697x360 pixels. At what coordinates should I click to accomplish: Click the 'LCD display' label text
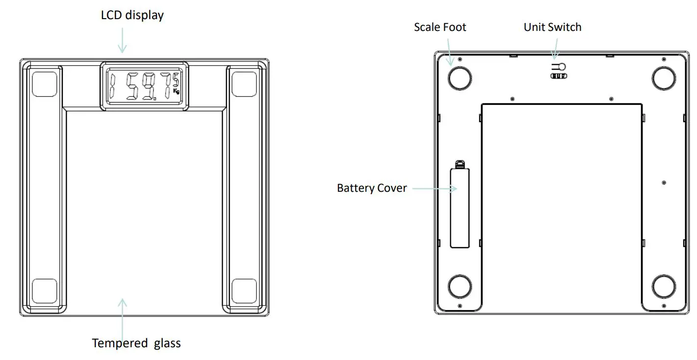tap(132, 15)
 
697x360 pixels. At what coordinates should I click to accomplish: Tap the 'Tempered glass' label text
tap(136, 343)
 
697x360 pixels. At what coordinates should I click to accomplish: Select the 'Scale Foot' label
tap(439, 27)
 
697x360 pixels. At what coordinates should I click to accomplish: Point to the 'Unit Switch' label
tap(552, 27)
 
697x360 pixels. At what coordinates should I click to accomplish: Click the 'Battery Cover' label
tap(372, 188)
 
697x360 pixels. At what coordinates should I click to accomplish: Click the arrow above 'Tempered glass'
tap(122, 314)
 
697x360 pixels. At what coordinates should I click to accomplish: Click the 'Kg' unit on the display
tap(177, 91)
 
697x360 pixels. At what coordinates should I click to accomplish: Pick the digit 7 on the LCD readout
tap(167, 85)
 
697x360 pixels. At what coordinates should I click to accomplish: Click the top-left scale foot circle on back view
tap(460, 77)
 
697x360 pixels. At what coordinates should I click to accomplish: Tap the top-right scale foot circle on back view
tap(664, 77)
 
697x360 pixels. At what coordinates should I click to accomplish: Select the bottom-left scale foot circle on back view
tap(460, 286)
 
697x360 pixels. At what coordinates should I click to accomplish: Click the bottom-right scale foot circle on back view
tap(664, 286)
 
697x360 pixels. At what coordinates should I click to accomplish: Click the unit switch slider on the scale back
tap(558, 76)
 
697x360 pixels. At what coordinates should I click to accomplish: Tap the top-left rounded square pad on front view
tap(44, 84)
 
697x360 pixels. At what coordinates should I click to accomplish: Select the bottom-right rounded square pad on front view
tap(244, 290)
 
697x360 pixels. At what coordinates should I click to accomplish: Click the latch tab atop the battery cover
tap(460, 163)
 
